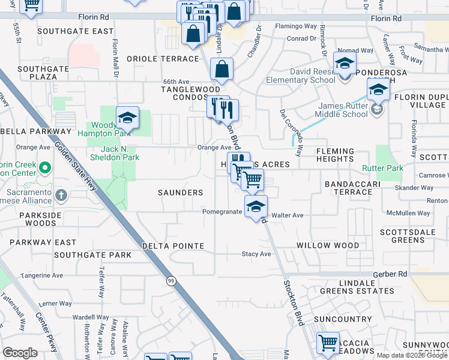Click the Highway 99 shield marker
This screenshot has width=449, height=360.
tap(172, 281)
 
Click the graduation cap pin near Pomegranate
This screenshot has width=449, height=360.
tap(256, 207)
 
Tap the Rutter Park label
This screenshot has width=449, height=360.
tap(382, 168)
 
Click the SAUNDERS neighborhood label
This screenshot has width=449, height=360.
tap(180, 193)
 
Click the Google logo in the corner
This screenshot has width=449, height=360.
tap(20, 353)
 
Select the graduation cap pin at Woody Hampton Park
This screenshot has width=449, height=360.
tap(127, 118)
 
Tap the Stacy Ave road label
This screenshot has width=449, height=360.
tap(256, 254)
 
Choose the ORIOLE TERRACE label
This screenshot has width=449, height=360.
tap(163, 59)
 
